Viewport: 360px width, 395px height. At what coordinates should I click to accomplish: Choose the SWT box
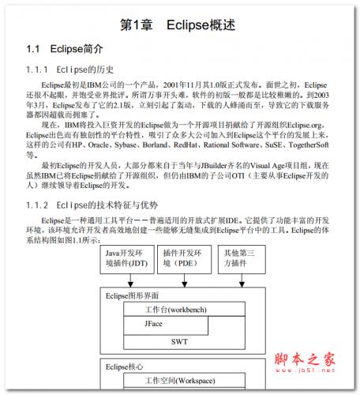180,342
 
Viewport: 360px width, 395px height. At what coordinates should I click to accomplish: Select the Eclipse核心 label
122,367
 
